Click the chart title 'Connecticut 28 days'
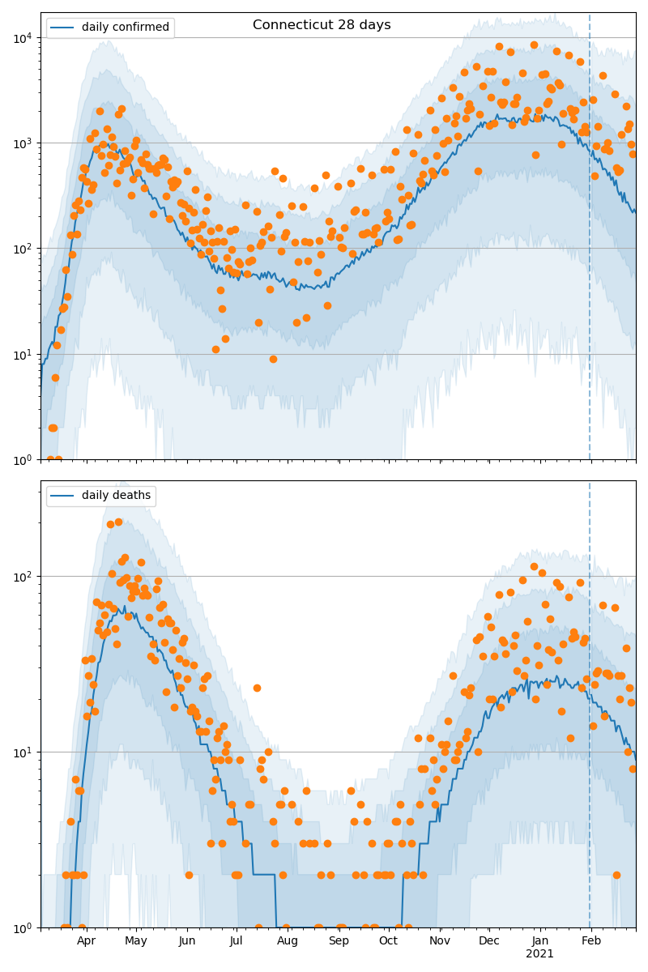pos(322,25)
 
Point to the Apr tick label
pos(86,941)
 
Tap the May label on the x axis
pos(136,941)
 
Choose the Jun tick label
pos(187,941)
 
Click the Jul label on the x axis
pos(236,941)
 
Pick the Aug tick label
pos(288,941)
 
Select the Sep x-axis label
pos(339,941)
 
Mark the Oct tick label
pos(388,941)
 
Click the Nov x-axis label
pos(439,941)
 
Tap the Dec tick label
pos(489,941)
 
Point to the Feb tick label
pos(591,941)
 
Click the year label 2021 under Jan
pos(539,954)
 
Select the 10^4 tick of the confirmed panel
pos(24,38)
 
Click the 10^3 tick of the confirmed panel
pos(24,143)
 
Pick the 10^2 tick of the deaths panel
pos(24,577)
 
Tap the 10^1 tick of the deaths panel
pos(24,752)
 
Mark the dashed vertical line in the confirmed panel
pos(590,243)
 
